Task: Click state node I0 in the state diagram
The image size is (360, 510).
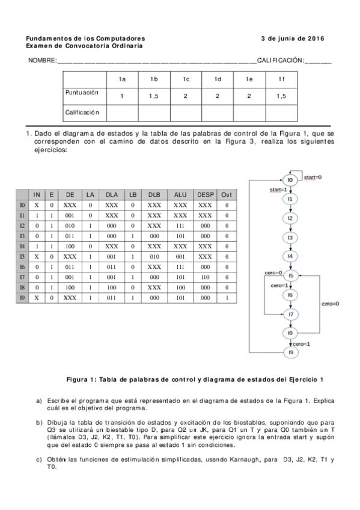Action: click(x=290, y=180)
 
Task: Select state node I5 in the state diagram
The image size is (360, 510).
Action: click(x=290, y=275)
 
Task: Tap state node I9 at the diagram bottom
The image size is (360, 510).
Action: click(x=290, y=352)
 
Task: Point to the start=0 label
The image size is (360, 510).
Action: click(x=313, y=177)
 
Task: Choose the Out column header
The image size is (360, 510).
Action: click(x=226, y=195)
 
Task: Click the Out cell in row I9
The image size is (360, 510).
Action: click(x=226, y=298)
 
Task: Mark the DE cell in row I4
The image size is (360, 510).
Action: click(x=70, y=246)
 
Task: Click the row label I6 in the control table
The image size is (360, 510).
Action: click(x=22, y=266)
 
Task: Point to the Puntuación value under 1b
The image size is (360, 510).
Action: click(x=154, y=96)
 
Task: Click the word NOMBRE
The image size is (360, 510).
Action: click(x=42, y=61)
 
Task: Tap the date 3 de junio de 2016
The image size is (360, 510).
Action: click(x=293, y=38)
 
